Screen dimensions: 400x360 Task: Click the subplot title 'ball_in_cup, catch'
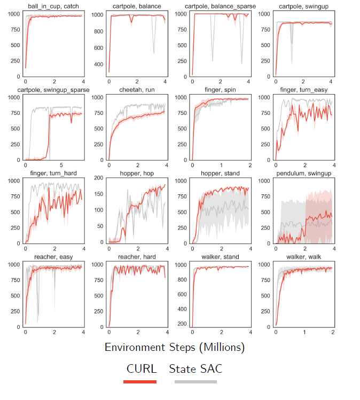[49, 6]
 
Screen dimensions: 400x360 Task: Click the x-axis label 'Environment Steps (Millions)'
[175, 347]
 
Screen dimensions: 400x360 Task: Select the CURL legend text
[142, 368]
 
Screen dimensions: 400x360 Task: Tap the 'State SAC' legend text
[195, 368]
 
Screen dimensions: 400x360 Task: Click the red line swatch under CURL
[140, 381]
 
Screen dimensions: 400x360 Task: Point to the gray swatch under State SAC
[195, 381]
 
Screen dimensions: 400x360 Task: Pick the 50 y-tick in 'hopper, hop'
[99, 226]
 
